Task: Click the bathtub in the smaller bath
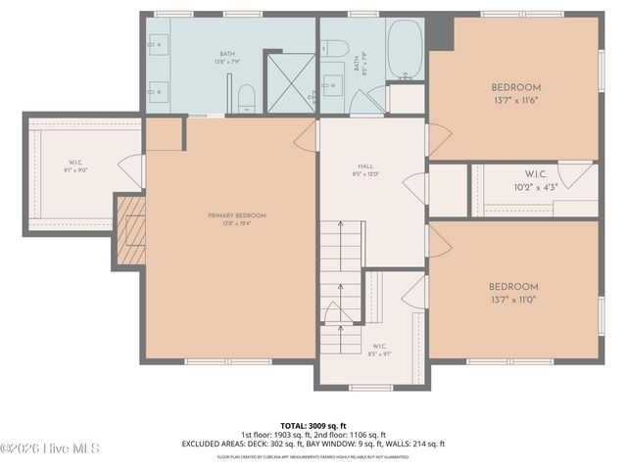click(x=404, y=49)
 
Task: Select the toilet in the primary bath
click(x=247, y=97)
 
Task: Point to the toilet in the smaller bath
click(x=334, y=48)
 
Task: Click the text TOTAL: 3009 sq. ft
click(x=313, y=426)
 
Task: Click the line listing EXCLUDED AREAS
click(x=313, y=444)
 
